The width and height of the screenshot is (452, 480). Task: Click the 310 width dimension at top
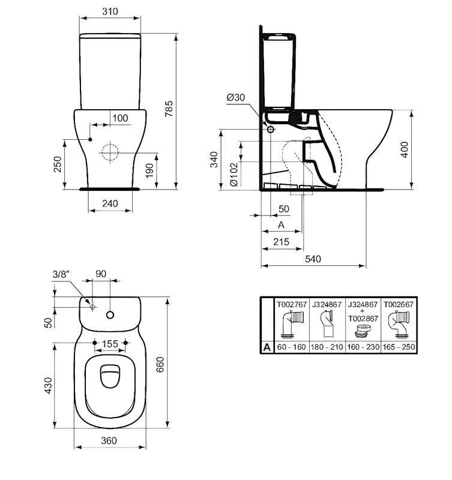[109, 11]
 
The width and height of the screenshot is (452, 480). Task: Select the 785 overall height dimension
[169, 108]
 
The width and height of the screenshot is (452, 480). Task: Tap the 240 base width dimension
[110, 203]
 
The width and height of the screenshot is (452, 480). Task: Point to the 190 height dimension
[149, 170]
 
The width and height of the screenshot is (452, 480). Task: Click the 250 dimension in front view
[58, 164]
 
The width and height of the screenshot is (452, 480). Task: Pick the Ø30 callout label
[236, 98]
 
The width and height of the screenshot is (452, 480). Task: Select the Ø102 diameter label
[233, 175]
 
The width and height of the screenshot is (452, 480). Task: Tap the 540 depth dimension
[313, 259]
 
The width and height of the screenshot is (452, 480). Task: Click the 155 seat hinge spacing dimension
[110, 344]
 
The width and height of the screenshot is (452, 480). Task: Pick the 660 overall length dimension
[160, 362]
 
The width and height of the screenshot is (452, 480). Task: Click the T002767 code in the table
[291, 305]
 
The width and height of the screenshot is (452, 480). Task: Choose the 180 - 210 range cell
[327, 347]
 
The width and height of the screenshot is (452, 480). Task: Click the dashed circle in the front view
[110, 152]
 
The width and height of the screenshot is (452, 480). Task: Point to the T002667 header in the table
[399, 305]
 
